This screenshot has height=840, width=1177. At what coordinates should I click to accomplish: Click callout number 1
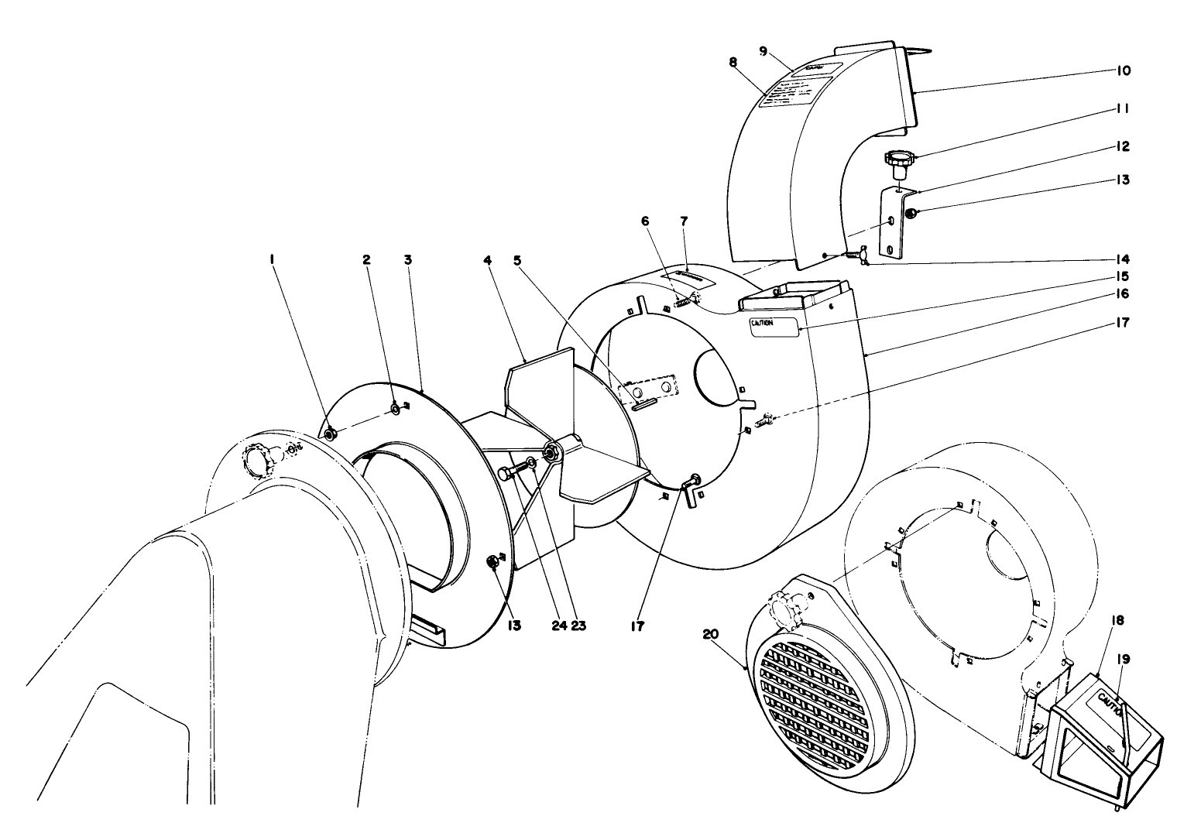click(x=273, y=260)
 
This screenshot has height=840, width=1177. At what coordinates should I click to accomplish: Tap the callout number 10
click(x=1123, y=70)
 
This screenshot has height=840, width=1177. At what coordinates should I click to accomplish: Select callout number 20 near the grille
click(x=711, y=634)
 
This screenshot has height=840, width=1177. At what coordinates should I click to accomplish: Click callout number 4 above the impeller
click(x=488, y=260)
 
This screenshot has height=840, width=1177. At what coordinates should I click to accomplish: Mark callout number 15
click(x=1123, y=276)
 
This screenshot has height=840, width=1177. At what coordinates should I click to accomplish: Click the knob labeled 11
click(x=898, y=160)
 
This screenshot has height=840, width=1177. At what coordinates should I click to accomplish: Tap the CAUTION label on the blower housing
click(x=773, y=325)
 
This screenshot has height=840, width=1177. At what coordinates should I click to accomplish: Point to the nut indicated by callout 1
click(x=329, y=434)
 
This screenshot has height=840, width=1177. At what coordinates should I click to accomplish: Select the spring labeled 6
click(x=679, y=302)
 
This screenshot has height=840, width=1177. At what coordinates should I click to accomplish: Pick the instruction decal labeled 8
click(x=790, y=97)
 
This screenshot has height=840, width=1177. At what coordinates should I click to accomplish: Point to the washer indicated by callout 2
click(x=395, y=409)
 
